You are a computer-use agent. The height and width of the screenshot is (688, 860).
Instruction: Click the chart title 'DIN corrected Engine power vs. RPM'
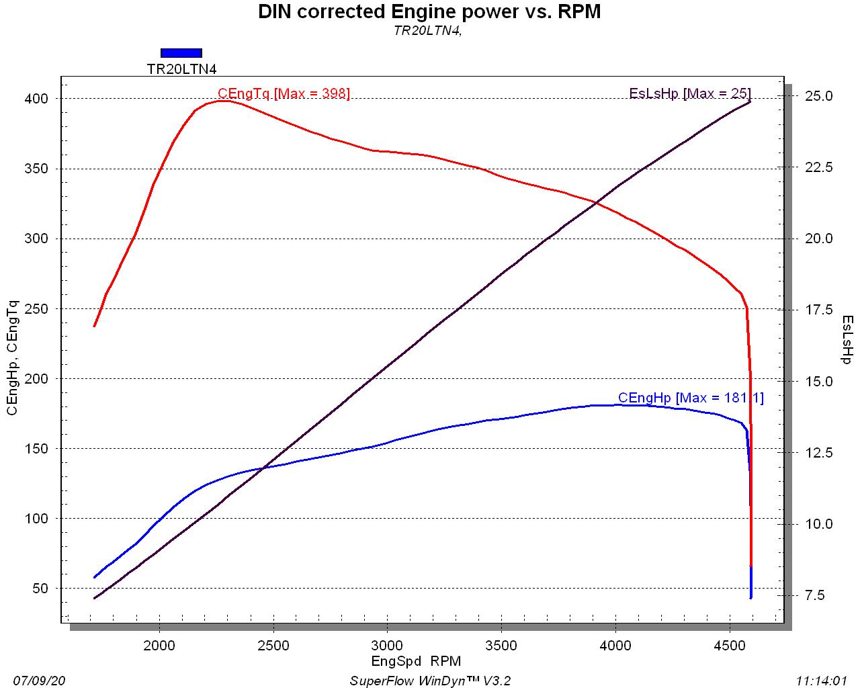429,11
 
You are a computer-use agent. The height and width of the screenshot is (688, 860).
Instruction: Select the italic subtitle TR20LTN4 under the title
427,30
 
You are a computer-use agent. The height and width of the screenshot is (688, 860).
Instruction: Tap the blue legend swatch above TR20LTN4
181,53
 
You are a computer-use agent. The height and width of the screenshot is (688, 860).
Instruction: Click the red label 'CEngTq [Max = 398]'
284,93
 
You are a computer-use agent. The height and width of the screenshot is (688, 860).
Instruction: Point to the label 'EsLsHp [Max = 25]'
689,93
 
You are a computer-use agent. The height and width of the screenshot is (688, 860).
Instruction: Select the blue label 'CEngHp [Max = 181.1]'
690,398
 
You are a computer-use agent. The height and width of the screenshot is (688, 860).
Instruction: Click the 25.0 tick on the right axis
818,96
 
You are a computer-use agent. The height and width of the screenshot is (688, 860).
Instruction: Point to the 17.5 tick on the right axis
818,310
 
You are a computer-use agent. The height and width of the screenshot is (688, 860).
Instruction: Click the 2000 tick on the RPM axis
159,646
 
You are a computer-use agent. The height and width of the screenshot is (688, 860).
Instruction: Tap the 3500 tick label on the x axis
501,646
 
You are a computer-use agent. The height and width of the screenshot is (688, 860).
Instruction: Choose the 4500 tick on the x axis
729,646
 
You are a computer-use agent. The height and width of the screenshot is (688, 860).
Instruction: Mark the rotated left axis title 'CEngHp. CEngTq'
13,358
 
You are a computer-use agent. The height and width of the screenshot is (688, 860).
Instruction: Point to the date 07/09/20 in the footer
39,681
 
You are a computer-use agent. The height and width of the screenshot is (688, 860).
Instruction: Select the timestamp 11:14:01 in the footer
821,681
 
